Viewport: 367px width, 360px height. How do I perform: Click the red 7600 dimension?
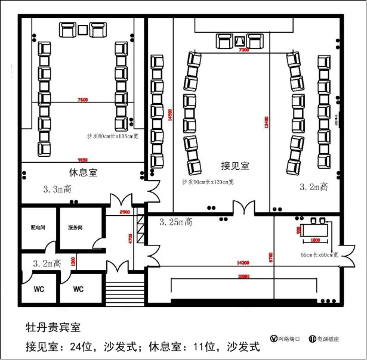tap(82, 100)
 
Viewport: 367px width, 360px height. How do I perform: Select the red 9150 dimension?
tap(82, 159)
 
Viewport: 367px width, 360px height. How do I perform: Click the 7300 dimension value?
tap(243, 51)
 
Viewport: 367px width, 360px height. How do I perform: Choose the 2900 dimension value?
tap(124, 212)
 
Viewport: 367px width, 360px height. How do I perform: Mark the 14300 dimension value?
tap(242, 262)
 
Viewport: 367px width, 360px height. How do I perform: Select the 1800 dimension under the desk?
tap(317, 241)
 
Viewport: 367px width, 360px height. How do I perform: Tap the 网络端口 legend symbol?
tap(274, 339)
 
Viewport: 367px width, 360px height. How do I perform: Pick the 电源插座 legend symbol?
tap(312, 339)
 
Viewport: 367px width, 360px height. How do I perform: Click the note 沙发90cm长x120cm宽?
tap(208, 181)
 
